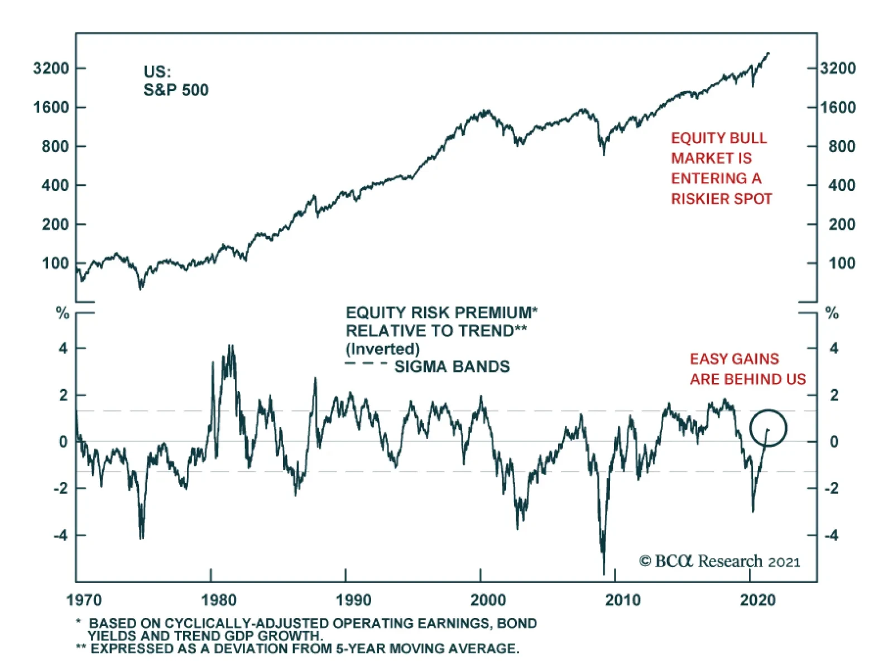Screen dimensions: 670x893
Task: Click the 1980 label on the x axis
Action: [219, 600]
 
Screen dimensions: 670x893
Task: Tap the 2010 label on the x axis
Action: [623, 600]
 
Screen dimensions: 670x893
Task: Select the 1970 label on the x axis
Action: [84, 600]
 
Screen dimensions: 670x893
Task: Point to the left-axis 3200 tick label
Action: [51, 68]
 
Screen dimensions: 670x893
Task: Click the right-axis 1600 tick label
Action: [838, 107]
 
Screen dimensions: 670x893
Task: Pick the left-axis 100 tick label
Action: [55, 263]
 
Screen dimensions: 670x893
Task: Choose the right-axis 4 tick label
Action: [834, 348]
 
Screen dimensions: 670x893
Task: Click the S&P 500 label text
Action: [176, 90]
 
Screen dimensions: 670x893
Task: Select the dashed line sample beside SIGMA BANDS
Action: [366, 364]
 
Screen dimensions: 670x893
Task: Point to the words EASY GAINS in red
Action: [734, 359]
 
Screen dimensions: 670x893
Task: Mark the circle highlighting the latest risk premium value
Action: [768, 428]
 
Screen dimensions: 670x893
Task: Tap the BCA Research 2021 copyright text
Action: [719, 561]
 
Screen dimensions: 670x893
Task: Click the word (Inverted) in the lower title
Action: [382, 349]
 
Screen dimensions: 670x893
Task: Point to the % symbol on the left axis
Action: [63, 313]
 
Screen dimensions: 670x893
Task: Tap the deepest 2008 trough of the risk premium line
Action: [604, 572]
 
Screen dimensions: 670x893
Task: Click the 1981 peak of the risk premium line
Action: [231, 346]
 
